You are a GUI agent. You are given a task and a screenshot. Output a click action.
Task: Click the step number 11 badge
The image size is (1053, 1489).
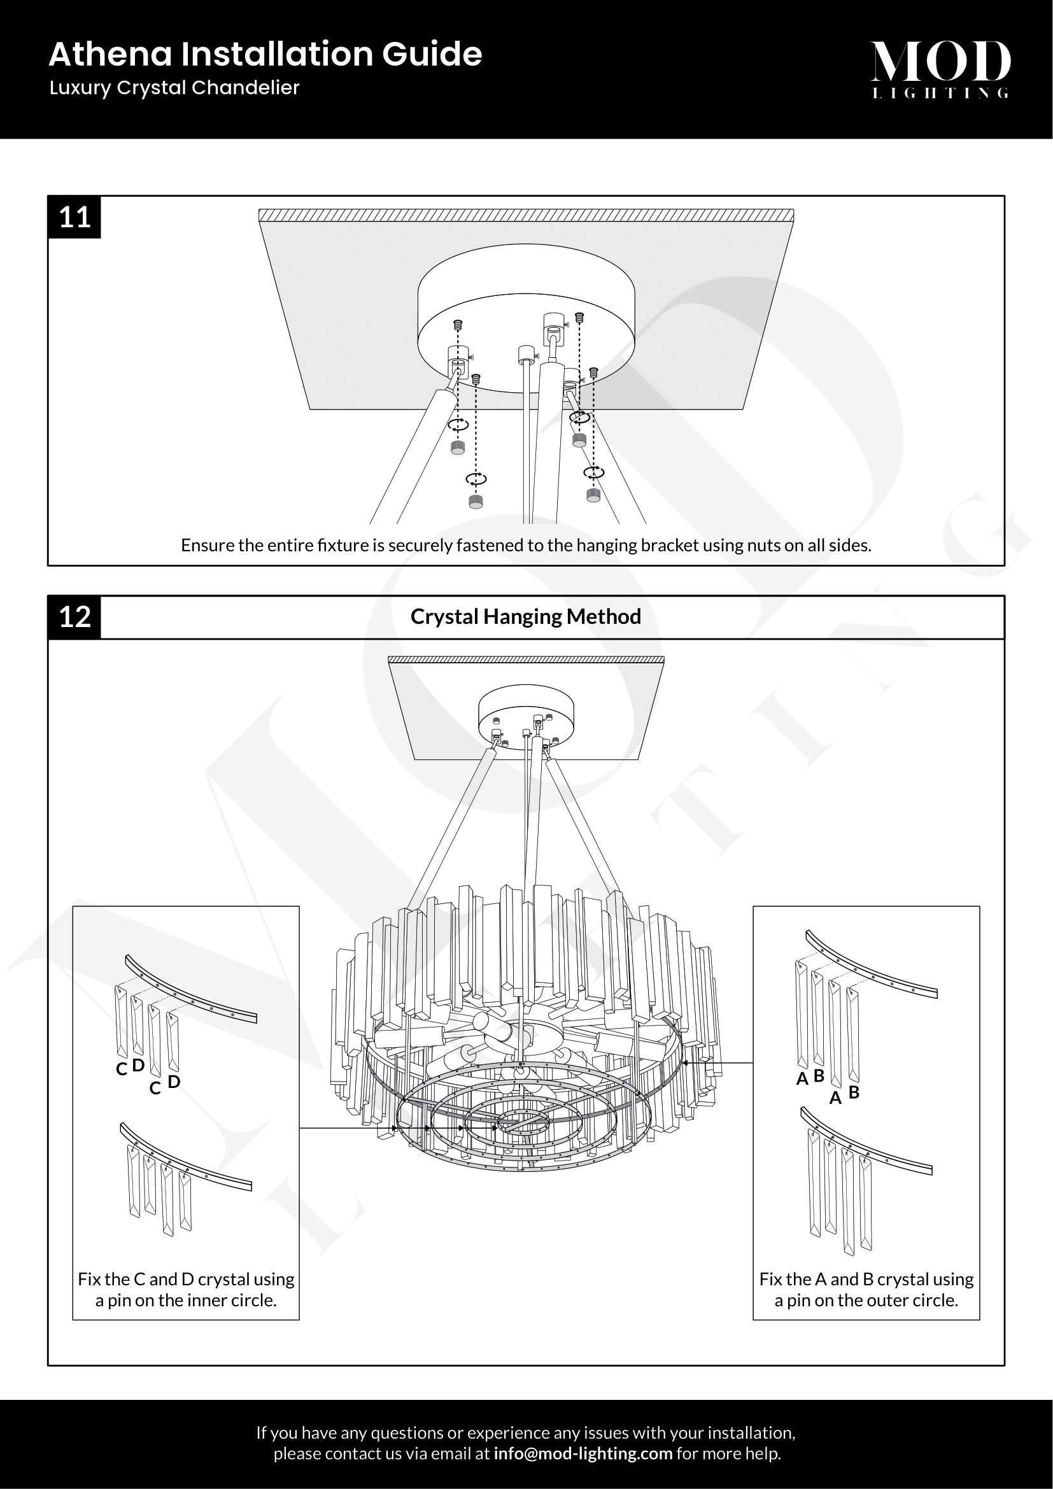tap(74, 216)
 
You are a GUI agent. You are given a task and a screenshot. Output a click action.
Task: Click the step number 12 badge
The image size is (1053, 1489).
tap(74, 617)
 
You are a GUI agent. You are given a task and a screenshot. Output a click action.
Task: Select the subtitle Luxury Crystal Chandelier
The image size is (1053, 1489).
tap(174, 88)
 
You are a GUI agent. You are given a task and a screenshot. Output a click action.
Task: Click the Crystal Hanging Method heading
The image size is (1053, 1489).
tap(526, 616)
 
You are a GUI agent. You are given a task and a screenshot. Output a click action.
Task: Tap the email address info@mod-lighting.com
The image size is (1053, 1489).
tap(583, 1453)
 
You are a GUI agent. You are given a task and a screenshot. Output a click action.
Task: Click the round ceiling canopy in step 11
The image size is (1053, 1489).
tap(526, 324)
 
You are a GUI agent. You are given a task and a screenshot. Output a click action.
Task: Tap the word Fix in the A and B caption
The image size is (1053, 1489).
tap(770, 1279)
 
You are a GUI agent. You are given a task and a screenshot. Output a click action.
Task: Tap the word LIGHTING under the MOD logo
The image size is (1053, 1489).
tap(940, 94)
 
